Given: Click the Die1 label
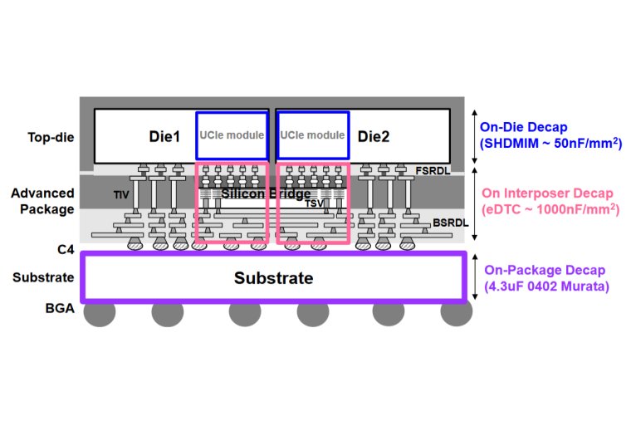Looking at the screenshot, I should coord(164,135).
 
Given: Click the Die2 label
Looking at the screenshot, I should coord(373,135).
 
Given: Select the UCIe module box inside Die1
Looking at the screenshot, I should coord(232,135).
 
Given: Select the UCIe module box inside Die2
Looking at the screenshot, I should coord(312,135).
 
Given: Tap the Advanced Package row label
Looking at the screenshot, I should coord(43,202).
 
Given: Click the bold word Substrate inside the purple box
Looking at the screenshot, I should coord(272,278).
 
